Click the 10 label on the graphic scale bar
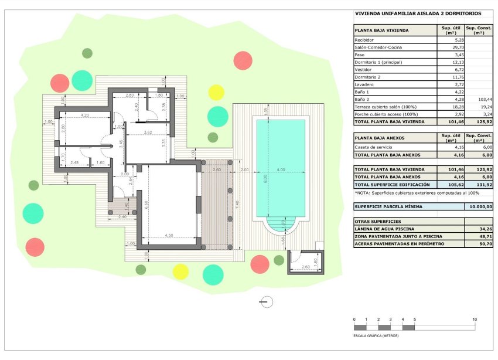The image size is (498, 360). point(475,319)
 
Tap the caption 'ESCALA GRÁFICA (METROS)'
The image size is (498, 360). point(376,336)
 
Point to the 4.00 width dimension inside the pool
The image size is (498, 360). point(281,170)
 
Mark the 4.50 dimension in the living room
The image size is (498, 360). point(169,235)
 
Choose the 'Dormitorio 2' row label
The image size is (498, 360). point(368,77)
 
